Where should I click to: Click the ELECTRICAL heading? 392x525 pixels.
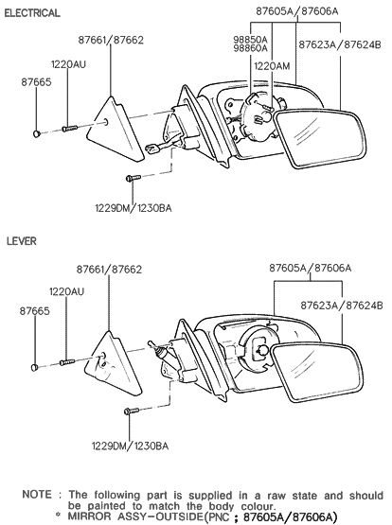click(x=33, y=13)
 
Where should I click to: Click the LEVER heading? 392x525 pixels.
click(x=21, y=241)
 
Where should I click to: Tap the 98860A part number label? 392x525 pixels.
click(x=251, y=51)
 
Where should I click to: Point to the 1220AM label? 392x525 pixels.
click(x=272, y=65)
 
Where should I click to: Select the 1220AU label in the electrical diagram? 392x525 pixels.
click(x=67, y=64)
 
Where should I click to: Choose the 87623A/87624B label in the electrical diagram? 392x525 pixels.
click(x=340, y=44)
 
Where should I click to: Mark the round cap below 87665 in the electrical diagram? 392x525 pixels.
click(x=36, y=134)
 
